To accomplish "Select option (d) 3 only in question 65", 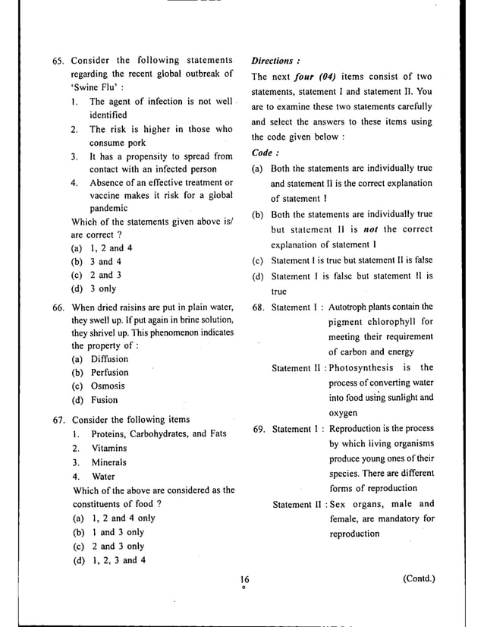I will coord(93,288).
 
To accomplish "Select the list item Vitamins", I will coord(108,448).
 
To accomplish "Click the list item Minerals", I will coord(108,462).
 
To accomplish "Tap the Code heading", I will coord(265,153).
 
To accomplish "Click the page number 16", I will coord(243,581).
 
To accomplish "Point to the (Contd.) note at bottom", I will coord(420,580).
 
